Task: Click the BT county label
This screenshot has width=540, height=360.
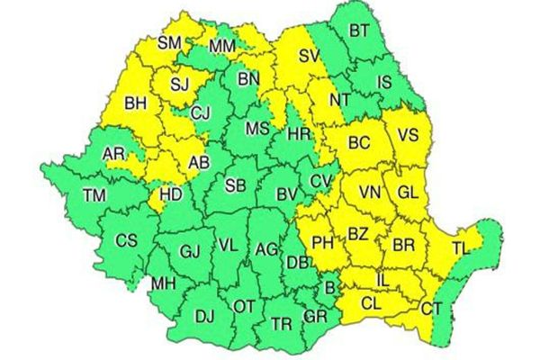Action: coord(359,31)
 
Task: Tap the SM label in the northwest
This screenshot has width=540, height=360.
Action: coord(169,42)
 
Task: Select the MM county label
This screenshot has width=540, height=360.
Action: coord(221,46)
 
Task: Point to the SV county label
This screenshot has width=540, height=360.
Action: coord(309,56)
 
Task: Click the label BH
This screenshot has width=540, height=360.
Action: coord(136,104)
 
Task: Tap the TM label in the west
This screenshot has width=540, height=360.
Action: coord(94,195)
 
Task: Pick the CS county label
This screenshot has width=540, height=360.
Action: coord(127,240)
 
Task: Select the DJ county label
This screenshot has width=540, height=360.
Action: coord(204,315)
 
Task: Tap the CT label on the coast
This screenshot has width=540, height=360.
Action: coord(432,310)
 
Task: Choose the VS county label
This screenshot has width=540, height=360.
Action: coord(408,136)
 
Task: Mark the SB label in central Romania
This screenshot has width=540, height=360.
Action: coord(236,185)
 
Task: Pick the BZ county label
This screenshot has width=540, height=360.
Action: coord(358,234)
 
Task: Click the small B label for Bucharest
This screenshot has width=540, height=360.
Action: coord(330,288)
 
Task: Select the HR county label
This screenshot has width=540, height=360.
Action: coord(298,135)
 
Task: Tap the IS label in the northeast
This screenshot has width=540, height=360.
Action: coord(384,84)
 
